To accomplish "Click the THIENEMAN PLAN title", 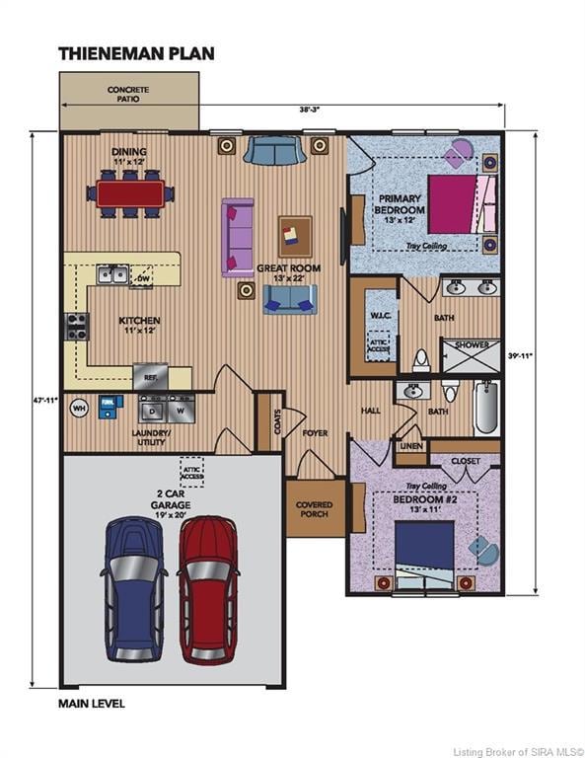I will coord(136,53).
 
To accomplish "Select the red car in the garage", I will coord(208,588).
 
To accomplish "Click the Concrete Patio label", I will coord(128,94).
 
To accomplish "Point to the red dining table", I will coord(130,193).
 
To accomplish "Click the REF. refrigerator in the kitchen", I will coord(150,376).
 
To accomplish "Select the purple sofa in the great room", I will coord(238,237).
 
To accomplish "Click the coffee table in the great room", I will coord(294,235).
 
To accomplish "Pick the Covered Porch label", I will coord(315,509).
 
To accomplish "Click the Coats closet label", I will coord(264,421).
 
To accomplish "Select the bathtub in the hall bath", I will coord(486,409).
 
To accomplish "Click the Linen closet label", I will coord(410,447).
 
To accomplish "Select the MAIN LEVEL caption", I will coord(92,704).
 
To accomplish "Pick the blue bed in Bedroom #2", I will coord(424,547).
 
